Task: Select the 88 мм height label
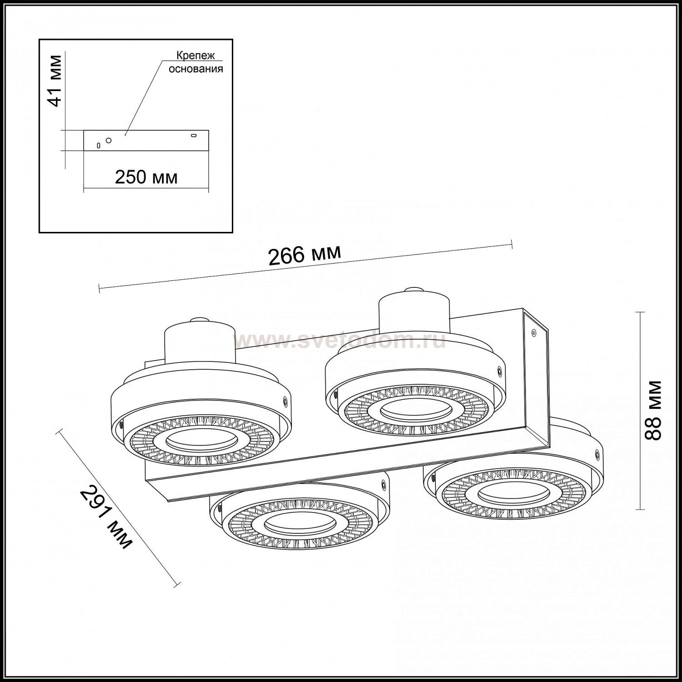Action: click(x=654, y=410)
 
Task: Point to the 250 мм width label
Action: click(x=146, y=177)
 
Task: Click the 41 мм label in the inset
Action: click(x=55, y=80)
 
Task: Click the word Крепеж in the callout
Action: click(x=196, y=56)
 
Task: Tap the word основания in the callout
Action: click(x=196, y=69)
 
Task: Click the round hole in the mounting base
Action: click(x=108, y=140)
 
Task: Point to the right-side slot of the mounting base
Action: click(x=194, y=135)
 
